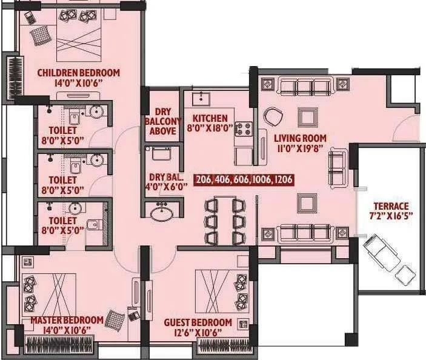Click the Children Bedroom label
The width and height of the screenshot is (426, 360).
tap(78, 73)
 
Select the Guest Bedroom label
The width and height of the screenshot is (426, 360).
tap(198, 322)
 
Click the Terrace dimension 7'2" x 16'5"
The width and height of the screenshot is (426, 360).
tap(391, 216)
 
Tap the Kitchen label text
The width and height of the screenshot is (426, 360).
tap(210, 118)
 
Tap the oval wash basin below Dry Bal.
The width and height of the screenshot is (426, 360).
tap(162, 213)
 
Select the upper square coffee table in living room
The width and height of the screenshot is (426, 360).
tap(308, 116)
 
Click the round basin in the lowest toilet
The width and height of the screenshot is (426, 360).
tap(75, 209)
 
